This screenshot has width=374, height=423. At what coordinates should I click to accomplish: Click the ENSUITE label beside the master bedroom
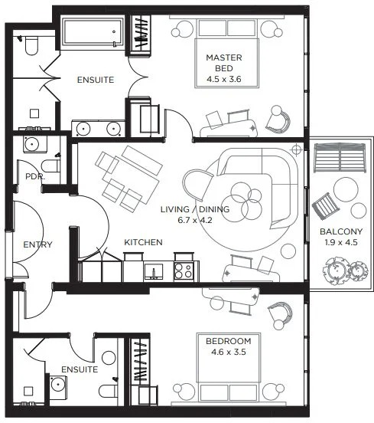click(x=96, y=79)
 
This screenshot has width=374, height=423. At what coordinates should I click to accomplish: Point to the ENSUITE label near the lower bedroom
click(x=80, y=369)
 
